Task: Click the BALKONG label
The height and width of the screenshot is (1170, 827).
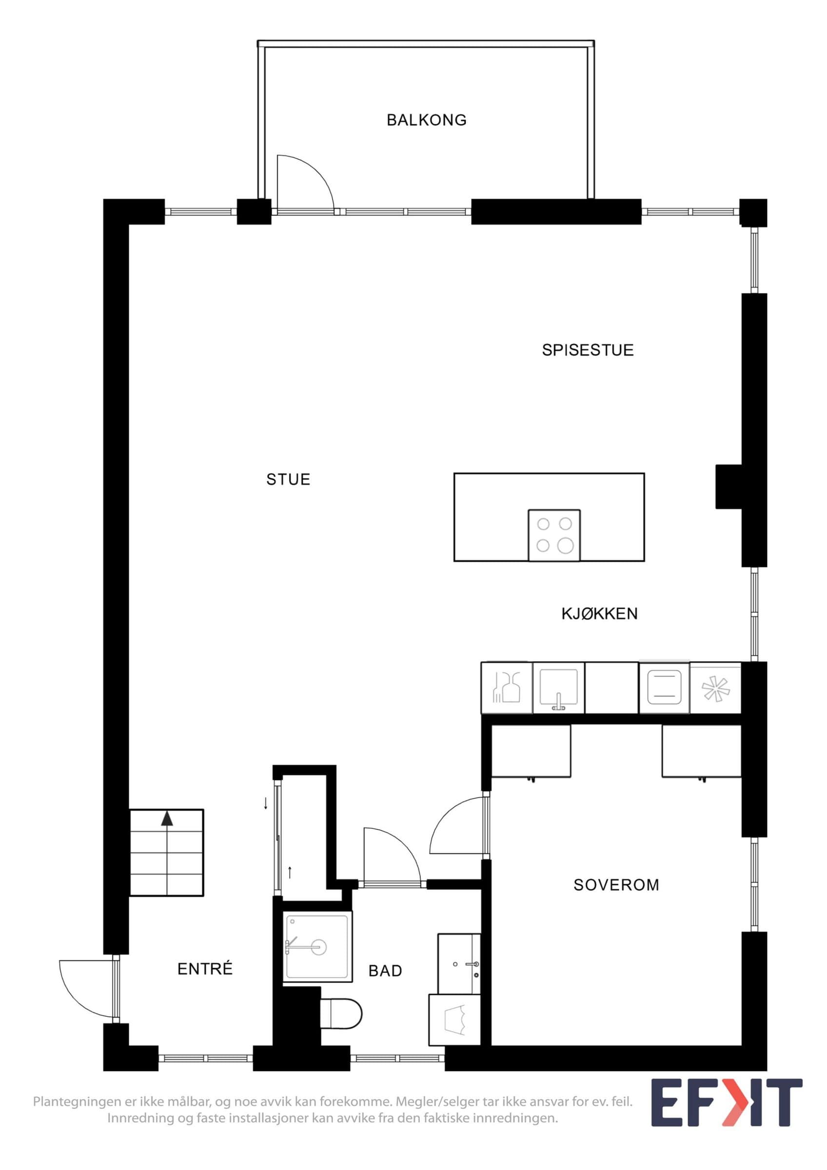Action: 427,120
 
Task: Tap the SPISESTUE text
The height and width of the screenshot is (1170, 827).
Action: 588,350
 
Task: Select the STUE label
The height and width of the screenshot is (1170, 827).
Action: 288,480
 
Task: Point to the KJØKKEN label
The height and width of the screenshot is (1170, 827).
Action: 599,614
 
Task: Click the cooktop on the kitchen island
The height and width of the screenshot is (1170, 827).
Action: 554,535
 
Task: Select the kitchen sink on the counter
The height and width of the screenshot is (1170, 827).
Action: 558,687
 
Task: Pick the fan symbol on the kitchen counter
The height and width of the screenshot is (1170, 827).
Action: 715,688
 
